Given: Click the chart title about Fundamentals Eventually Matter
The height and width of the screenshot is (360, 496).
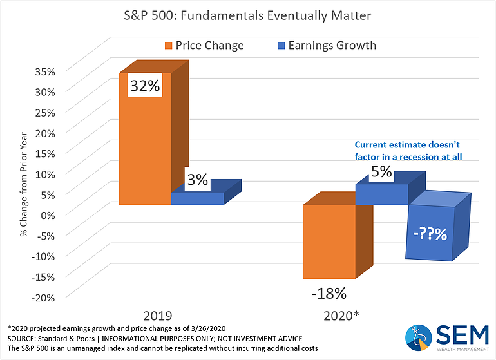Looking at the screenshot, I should tap(247, 14).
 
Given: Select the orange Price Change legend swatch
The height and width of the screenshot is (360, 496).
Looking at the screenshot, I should tap(169, 46).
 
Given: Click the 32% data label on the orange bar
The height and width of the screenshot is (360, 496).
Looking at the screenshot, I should tap(145, 86).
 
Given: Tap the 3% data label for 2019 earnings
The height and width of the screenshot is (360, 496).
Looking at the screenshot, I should tap(197, 180).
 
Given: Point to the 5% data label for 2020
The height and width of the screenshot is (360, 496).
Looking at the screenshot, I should tap(380, 173).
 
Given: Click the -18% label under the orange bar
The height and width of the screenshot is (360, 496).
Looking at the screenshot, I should tap(329, 293).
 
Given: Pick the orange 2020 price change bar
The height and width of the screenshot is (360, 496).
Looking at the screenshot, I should tap(329, 242).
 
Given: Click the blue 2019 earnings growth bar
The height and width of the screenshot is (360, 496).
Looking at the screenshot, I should tap(197, 198).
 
